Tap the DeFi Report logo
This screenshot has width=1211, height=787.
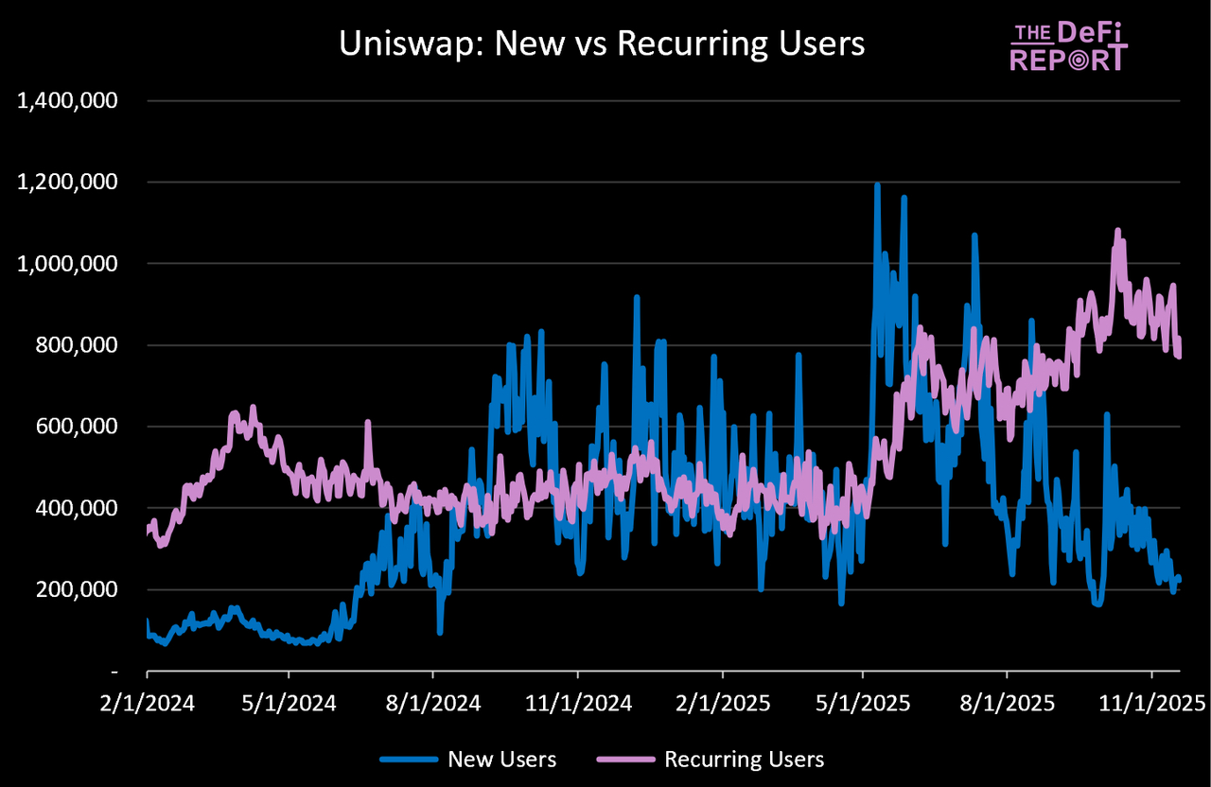(1068, 46)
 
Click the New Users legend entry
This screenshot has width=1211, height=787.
(468, 759)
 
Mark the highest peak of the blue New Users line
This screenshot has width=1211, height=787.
(877, 184)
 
